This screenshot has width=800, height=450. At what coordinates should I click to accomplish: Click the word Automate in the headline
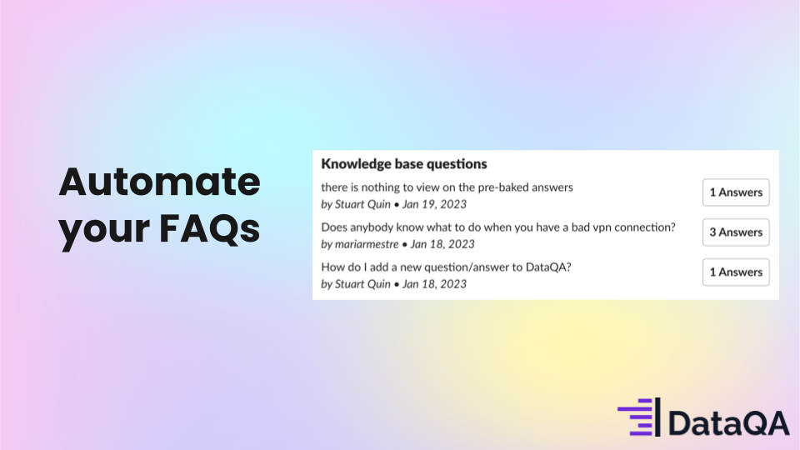(159, 182)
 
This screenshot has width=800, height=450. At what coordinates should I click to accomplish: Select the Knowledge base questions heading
(404, 164)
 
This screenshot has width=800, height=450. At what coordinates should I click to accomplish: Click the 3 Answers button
(736, 232)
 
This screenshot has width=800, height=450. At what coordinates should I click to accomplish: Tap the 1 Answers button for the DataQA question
(736, 272)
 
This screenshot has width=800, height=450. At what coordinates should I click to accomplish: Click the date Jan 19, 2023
(434, 204)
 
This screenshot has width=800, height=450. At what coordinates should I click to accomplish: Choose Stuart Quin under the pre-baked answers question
(362, 204)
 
